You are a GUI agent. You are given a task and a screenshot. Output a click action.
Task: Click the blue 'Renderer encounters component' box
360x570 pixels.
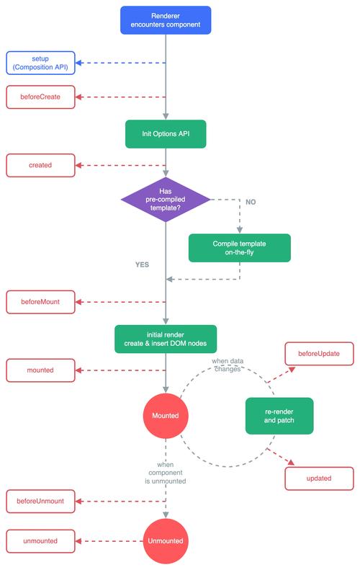pos(166,20)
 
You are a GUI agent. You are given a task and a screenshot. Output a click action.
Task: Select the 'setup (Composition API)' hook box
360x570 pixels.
pos(40,63)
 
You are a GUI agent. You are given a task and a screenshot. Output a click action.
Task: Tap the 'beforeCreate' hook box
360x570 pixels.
pos(40,97)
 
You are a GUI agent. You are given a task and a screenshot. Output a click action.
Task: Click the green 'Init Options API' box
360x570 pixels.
pos(166,133)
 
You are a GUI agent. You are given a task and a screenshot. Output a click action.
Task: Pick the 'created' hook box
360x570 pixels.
pos(40,165)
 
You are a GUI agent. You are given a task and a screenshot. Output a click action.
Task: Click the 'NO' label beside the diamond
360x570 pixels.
pos(251,202)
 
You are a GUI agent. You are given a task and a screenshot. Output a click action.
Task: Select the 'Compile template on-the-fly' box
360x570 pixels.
pos(239,247)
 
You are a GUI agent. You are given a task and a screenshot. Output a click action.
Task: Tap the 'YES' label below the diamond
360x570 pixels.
pos(142,264)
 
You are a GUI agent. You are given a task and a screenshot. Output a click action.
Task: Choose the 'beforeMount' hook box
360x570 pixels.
pos(40,302)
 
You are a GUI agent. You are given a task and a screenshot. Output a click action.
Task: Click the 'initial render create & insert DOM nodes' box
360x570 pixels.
pos(166,339)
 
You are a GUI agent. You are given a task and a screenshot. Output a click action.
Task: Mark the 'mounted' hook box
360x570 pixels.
pos(40,371)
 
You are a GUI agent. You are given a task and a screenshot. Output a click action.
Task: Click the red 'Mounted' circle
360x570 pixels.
pos(166,416)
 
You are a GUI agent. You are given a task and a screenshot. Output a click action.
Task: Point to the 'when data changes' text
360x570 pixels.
pos(226,364)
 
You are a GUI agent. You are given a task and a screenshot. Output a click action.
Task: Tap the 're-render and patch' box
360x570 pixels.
pos(279,416)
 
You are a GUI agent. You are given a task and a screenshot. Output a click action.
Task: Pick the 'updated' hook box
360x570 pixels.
pos(319,478)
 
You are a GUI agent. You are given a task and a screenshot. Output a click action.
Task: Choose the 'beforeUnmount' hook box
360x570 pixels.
pos(40,500)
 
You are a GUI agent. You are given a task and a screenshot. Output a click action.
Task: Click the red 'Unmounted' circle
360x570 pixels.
pos(166,540)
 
